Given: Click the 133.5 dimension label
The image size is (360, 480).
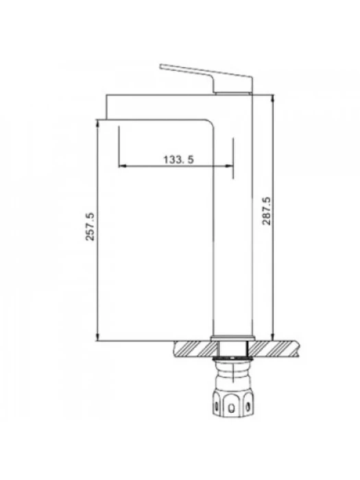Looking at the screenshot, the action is point(178,160).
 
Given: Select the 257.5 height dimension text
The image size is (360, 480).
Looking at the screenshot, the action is point(90,226).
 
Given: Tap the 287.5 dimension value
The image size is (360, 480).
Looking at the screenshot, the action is point(267,211).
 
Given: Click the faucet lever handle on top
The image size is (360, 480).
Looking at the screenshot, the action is point(206,77).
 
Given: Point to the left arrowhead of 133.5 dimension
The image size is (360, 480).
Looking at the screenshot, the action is point(122,166).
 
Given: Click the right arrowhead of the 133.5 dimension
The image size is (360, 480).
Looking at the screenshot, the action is point(229,166).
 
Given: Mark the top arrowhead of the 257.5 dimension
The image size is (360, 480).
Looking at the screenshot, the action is point(97,123).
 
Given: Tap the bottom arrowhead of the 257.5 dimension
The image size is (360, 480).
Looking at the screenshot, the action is point(97,337).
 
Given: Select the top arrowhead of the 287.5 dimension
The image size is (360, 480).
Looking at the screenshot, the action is point(272,99).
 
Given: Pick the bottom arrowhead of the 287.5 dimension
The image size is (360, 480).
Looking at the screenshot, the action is point(272,337).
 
